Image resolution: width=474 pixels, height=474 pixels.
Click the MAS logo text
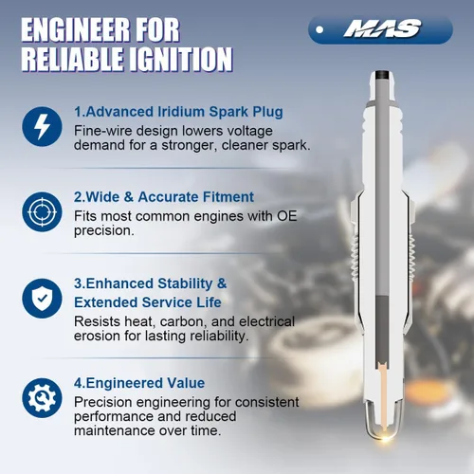(x=382, y=28)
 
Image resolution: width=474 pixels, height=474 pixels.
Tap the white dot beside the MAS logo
(x=319, y=29)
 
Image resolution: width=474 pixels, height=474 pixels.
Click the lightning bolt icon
(x=42, y=126)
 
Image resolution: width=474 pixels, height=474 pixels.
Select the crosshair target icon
(x=42, y=211)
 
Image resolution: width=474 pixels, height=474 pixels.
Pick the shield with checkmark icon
(x=42, y=299)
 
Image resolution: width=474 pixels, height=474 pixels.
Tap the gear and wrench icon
(x=42, y=398)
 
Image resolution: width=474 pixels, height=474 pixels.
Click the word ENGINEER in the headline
(x=75, y=30)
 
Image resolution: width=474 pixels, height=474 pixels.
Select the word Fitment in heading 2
(x=228, y=197)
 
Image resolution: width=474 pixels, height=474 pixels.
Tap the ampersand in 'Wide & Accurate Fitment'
(x=129, y=197)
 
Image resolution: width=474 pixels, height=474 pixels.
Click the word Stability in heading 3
(x=185, y=283)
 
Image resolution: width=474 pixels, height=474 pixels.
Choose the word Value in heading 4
(x=186, y=383)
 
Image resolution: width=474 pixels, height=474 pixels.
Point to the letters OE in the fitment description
(x=287, y=216)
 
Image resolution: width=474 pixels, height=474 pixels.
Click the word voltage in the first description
(x=247, y=131)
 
